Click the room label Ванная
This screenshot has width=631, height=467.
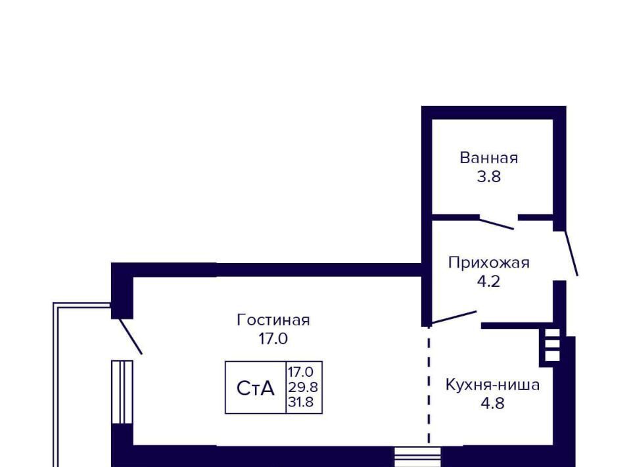tap(488, 158)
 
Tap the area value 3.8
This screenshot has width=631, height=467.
tap(488, 176)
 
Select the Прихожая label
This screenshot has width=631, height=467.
tap(488, 263)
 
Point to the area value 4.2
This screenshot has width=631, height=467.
tap(488, 282)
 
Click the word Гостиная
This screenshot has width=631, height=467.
tap(273, 320)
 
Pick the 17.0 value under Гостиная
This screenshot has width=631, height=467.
tap(273, 339)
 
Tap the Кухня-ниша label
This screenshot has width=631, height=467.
tap(492, 385)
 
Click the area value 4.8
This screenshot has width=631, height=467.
tap(492, 403)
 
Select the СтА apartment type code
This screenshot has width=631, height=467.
tap(255, 389)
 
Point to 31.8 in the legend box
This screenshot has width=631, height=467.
tap(301, 402)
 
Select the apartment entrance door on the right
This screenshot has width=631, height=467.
tap(571, 253)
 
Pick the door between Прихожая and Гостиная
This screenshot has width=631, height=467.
tap(454, 318)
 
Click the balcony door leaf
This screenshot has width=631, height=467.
tap(131, 336)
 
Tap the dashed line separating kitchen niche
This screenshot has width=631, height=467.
tap(429, 388)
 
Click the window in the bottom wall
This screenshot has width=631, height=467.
tap(417, 456)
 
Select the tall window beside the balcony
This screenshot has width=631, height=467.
tap(122, 392)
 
